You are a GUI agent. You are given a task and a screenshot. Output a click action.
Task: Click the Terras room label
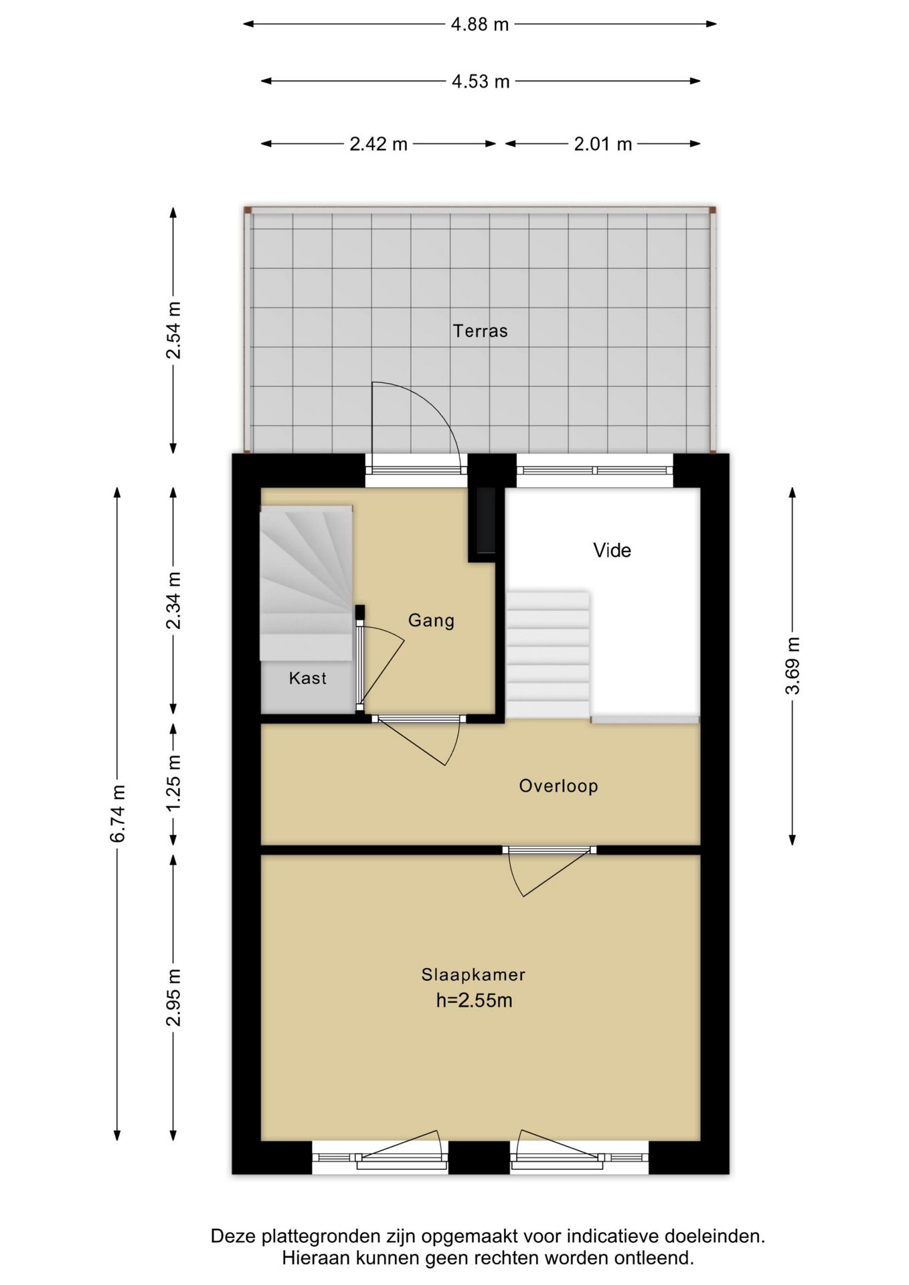pyautogui.click(x=480, y=331)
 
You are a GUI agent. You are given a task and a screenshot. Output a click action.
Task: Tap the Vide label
pyautogui.click(x=612, y=550)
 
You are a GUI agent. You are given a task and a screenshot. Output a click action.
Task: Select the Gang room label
pyautogui.click(x=431, y=620)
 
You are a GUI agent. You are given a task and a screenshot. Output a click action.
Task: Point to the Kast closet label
pyautogui.click(x=307, y=678)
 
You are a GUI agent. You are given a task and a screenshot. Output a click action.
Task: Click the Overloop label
pyautogui.click(x=558, y=786)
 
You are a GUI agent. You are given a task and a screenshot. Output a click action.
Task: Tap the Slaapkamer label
pyautogui.click(x=473, y=974)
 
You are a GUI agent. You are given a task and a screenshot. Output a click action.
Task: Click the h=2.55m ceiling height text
pyautogui.click(x=474, y=1001)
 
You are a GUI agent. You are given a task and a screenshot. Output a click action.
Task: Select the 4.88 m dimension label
pyautogui.click(x=480, y=25)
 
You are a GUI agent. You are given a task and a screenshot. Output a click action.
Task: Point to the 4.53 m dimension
pyautogui.click(x=481, y=82)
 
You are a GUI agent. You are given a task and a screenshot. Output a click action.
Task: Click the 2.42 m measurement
pyautogui.click(x=378, y=144)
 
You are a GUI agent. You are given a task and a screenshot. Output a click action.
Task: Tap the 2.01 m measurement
pyautogui.click(x=602, y=144)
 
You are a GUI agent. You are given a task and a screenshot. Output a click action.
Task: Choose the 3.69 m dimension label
pyautogui.click(x=793, y=666)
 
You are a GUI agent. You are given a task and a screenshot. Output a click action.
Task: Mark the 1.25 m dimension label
pyautogui.click(x=174, y=782)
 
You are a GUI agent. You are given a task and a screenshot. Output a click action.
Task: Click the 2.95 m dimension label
pyautogui.click(x=174, y=997)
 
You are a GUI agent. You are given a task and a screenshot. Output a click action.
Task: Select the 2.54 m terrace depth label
pyautogui.click(x=174, y=330)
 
